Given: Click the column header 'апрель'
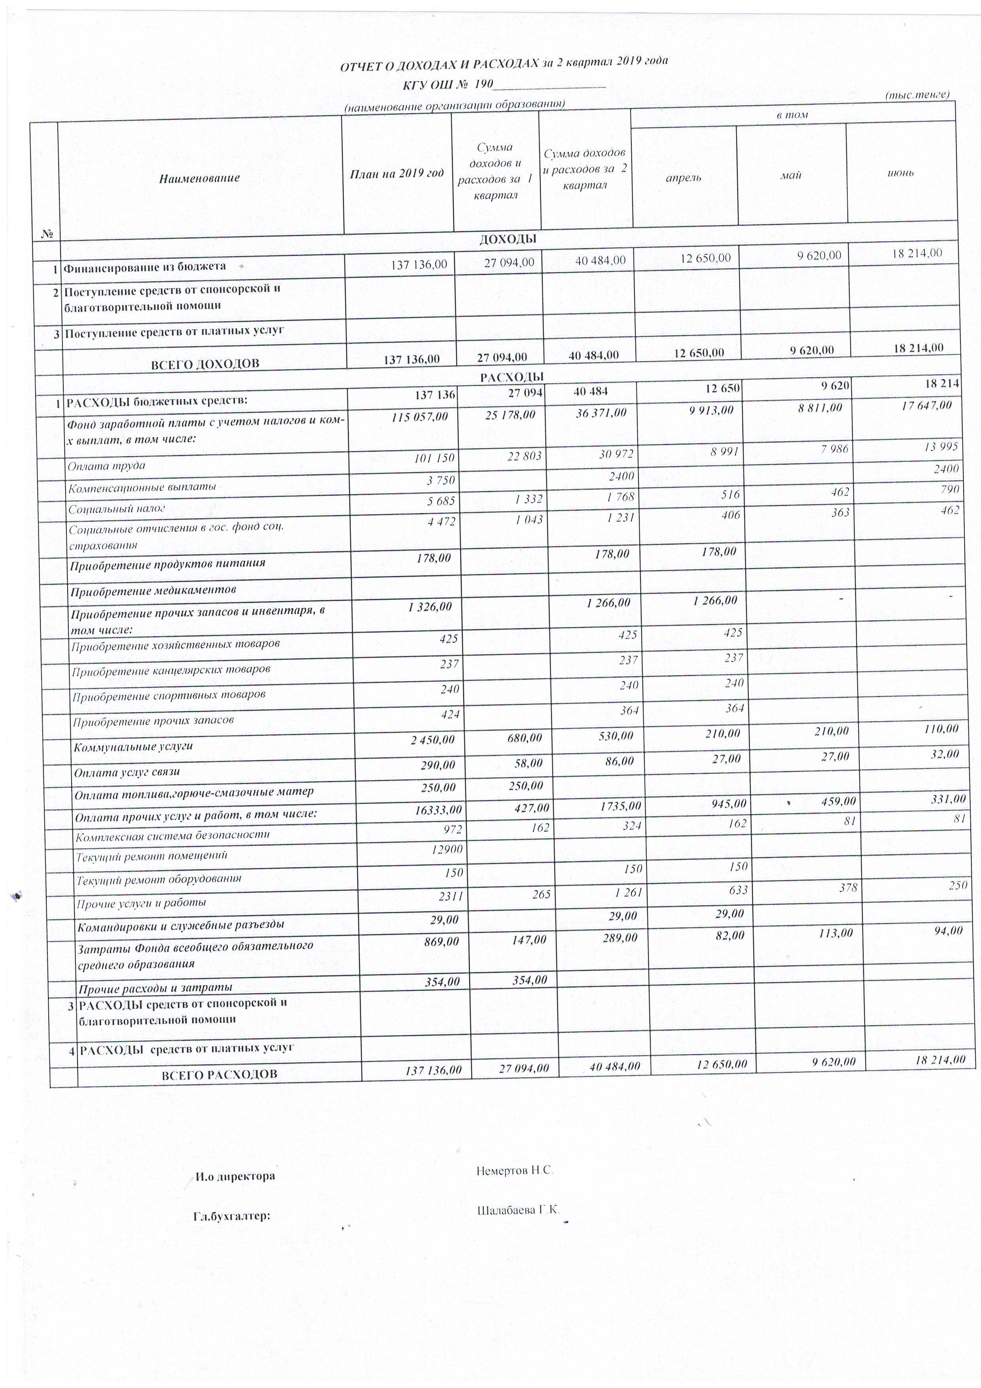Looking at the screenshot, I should pos(683,178).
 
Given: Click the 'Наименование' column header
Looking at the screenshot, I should pos(199,178).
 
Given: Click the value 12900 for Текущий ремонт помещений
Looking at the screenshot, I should pos(447,850).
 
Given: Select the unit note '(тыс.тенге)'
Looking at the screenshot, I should pos(917,95).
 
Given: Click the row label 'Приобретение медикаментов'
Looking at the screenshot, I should pos(153,590).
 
